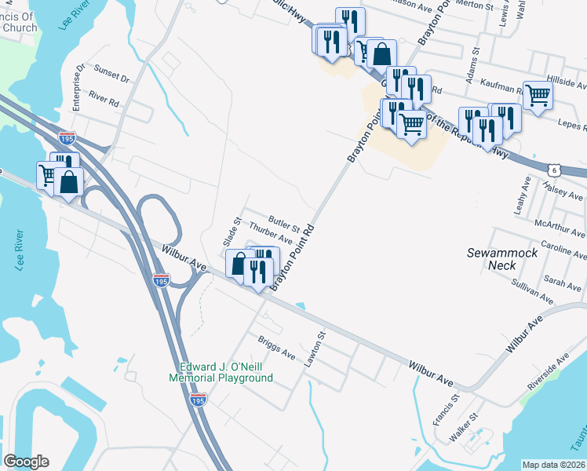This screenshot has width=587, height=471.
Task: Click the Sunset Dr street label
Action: [x=111, y=75]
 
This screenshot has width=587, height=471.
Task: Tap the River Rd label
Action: [x=104, y=100]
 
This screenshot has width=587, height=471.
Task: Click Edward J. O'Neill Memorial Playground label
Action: [x=226, y=371]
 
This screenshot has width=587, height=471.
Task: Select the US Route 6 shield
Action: [x=554, y=168]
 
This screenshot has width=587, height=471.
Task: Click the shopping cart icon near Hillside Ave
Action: [x=538, y=96]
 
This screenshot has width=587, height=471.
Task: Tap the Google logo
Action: [x=27, y=462]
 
